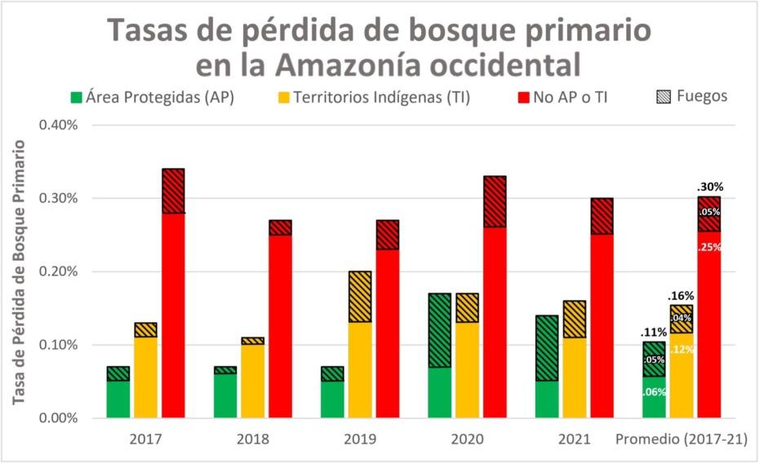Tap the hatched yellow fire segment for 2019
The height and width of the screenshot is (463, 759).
point(359,297)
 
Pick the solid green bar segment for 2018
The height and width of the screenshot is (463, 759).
point(226,395)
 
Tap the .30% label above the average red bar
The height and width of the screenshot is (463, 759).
point(711,186)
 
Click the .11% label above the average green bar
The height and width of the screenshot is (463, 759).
point(654,332)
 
